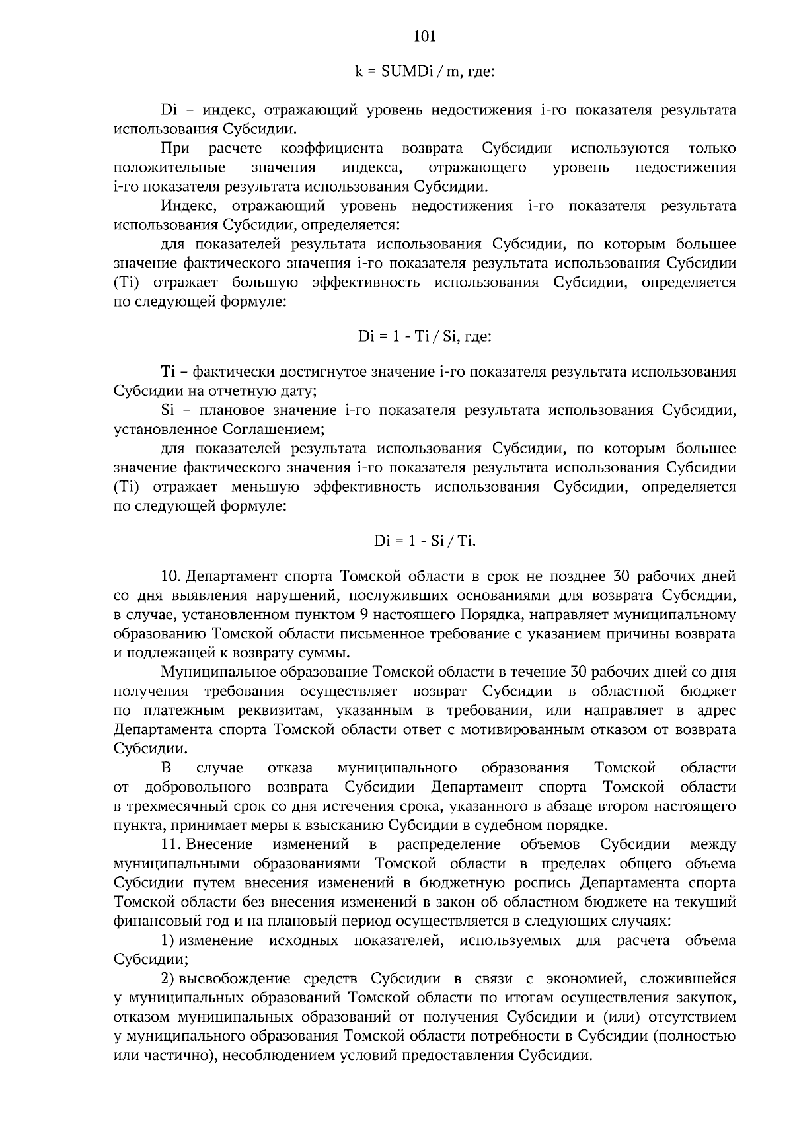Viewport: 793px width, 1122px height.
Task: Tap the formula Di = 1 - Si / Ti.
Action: tap(425, 541)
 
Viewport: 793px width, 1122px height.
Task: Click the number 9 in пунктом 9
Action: tap(364, 615)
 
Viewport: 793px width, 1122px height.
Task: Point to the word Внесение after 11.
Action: tap(220, 844)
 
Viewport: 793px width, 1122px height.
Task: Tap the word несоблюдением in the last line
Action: tap(270, 1055)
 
